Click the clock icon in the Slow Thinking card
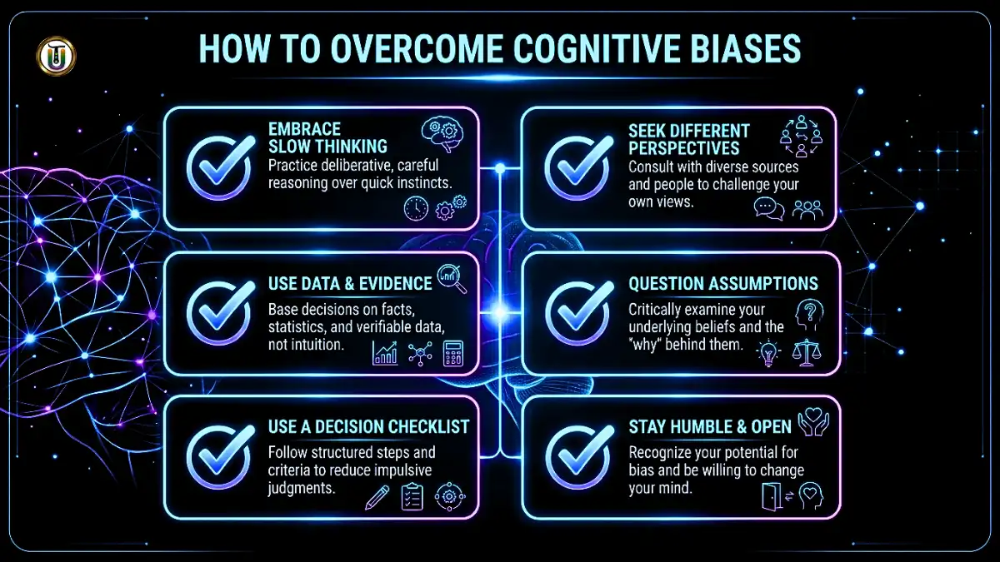(416, 208)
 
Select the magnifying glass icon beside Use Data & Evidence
(452, 277)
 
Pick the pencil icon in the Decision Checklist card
(377, 496)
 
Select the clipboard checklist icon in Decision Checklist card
(412, 497)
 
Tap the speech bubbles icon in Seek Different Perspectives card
(768, 208)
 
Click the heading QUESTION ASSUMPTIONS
(722, 284)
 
